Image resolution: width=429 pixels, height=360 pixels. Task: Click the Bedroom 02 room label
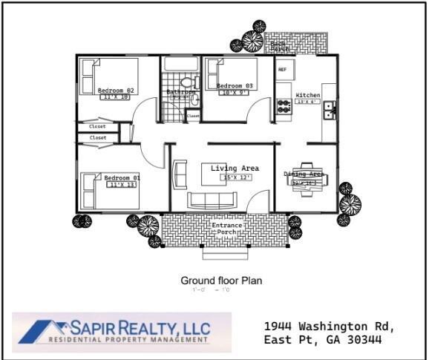pos(115,91)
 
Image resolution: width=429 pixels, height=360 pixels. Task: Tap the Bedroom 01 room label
pos(122,178)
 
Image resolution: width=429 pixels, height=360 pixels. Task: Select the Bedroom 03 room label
pos(235,86)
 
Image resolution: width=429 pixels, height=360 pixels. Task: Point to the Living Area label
pos(235,168)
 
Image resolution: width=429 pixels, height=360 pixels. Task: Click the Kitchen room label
pos(308,96)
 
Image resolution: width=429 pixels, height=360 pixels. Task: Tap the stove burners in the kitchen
pos(284,106)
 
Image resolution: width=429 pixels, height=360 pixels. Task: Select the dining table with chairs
pos(305,179)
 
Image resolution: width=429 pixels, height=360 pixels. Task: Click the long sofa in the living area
pos(212,200)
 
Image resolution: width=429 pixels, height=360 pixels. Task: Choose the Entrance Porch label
pos(226,229)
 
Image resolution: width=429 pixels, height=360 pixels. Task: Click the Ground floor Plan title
pos(221,281)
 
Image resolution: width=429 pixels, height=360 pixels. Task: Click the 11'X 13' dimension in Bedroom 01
pos(122,185)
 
